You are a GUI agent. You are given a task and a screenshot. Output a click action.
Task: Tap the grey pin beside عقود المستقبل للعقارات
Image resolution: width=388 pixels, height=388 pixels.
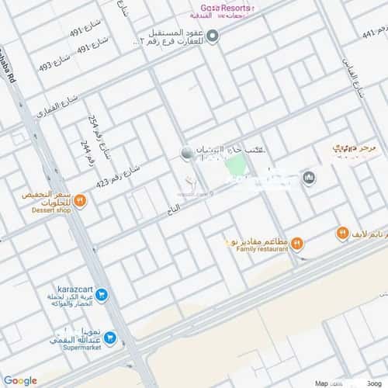213,33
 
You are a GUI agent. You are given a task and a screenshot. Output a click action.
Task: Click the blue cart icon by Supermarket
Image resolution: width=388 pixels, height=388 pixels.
110,338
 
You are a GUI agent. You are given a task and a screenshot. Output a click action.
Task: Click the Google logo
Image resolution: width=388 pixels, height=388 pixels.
20,380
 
